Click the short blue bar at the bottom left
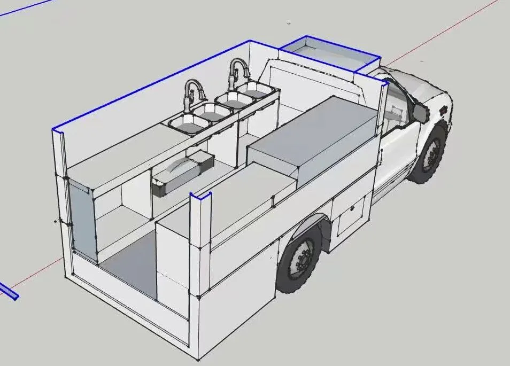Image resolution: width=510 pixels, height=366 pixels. click(9, 292)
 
